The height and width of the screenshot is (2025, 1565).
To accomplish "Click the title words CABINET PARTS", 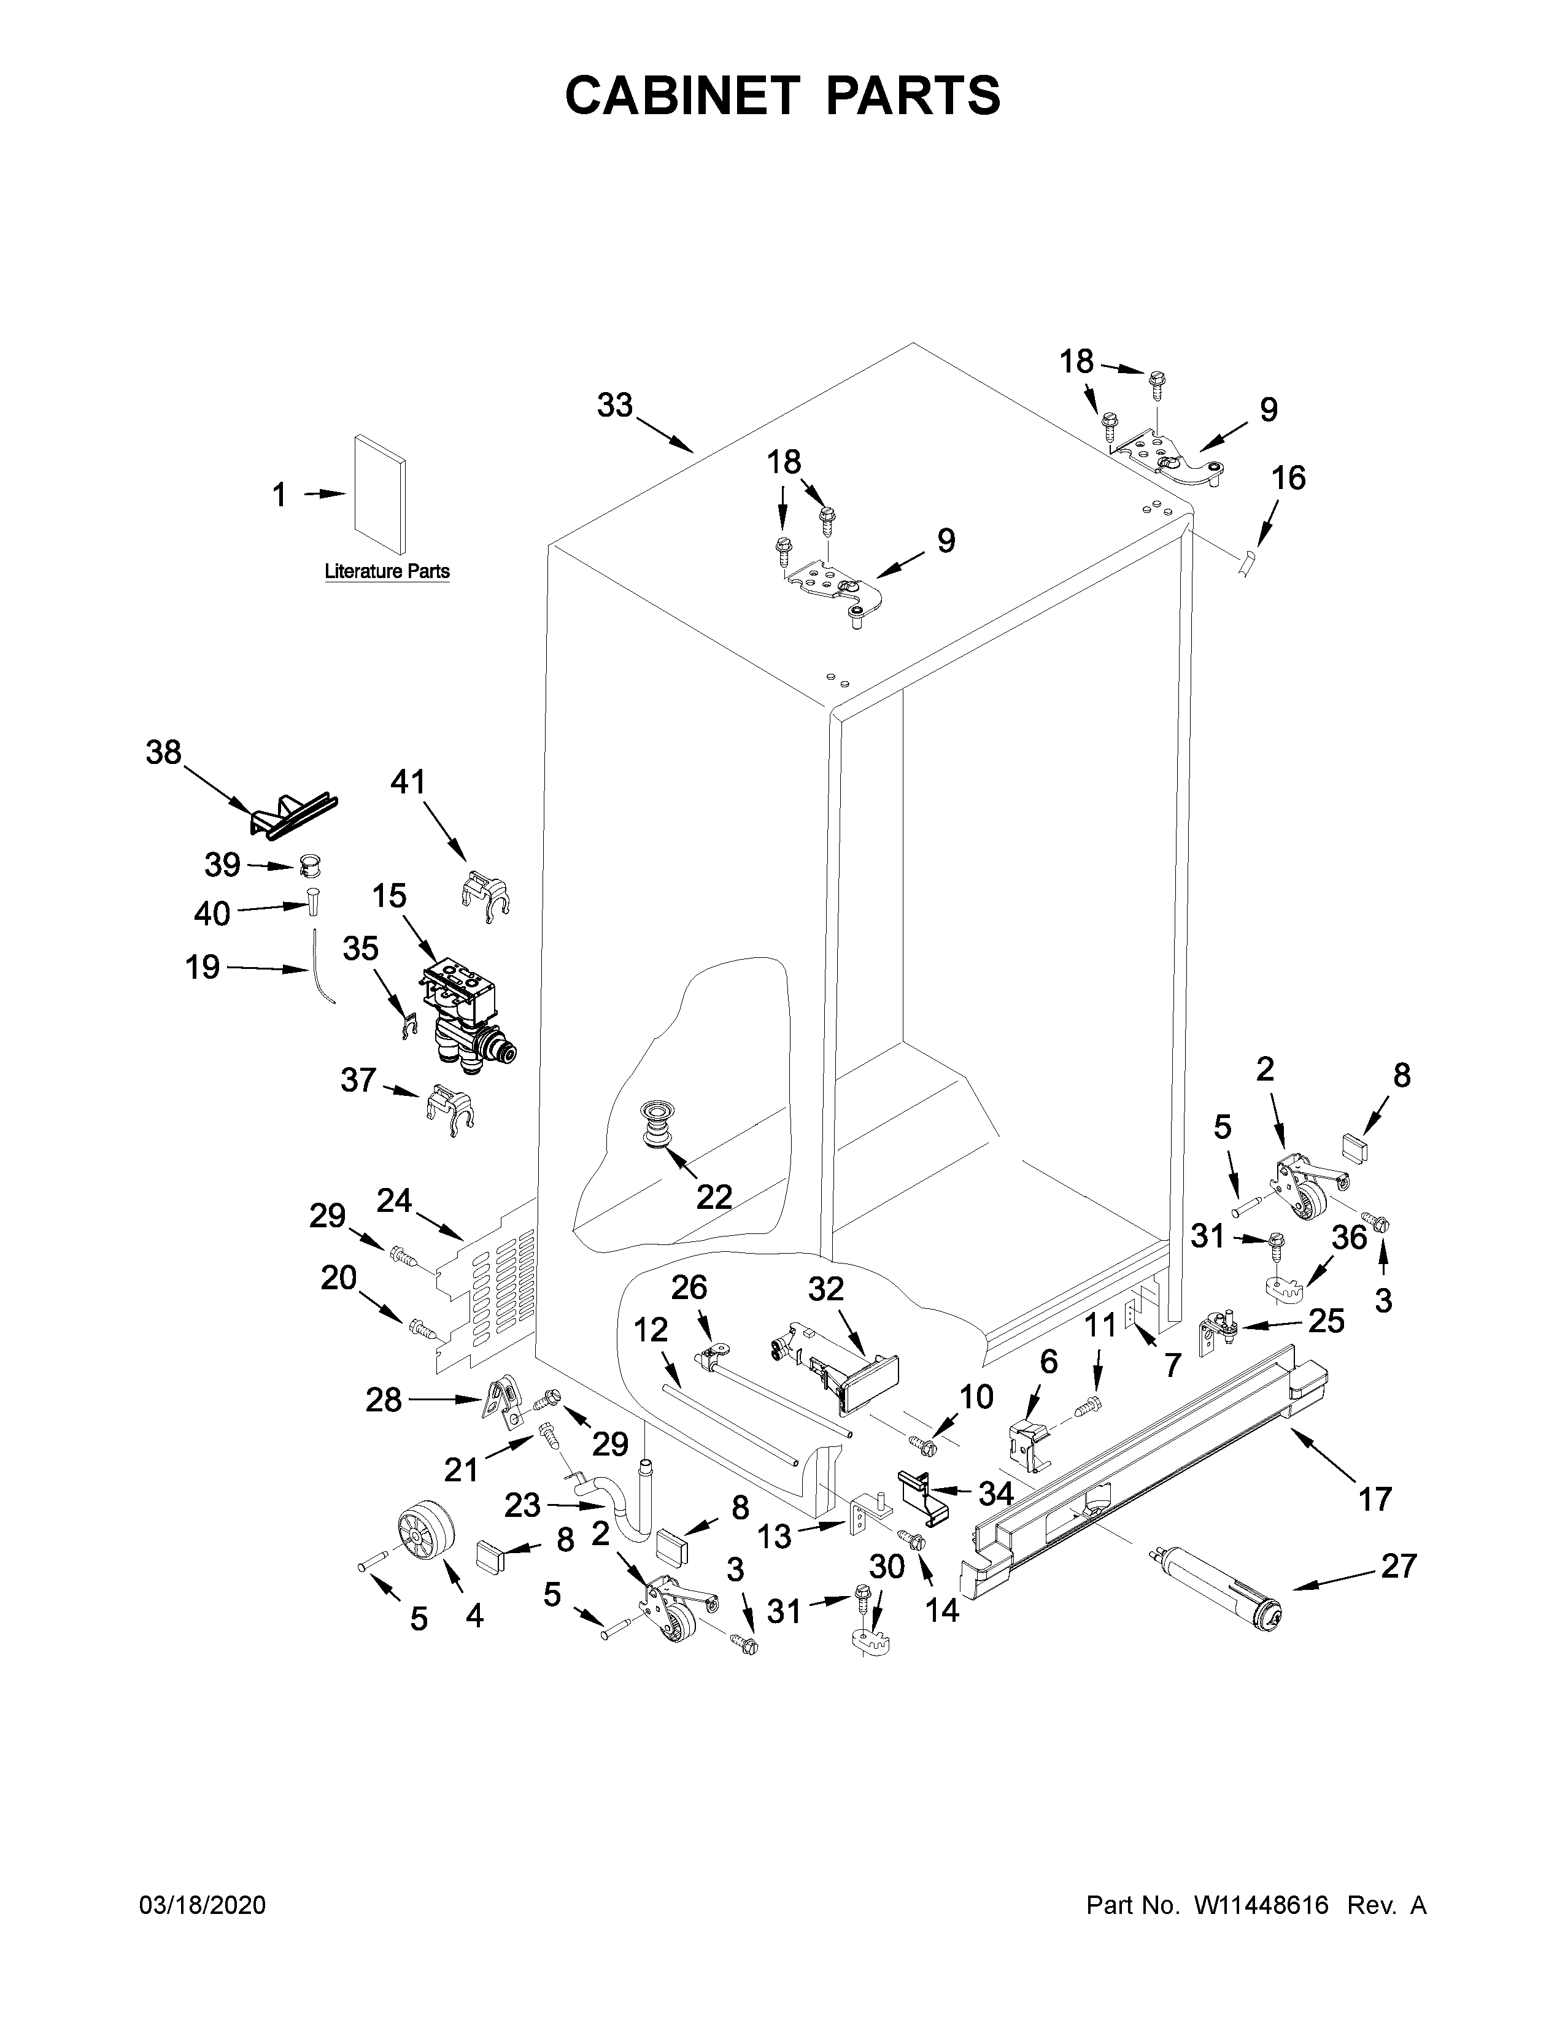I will click(x=782, y=96).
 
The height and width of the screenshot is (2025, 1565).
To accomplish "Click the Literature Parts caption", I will click(x=387, y=571).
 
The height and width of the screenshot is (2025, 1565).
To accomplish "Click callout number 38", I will click(x=163, y=752).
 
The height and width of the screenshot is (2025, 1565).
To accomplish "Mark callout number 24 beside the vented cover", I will click(x=394, y=1201).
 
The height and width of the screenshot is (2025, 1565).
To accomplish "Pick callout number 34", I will click(x=995, y=1493).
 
